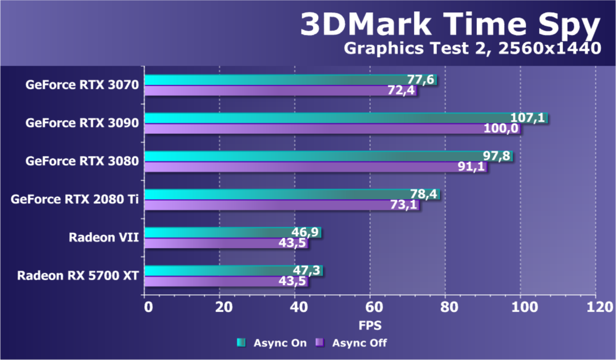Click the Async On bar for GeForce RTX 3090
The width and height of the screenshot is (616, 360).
(329, 118)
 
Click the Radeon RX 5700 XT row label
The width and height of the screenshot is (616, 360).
(78, 275)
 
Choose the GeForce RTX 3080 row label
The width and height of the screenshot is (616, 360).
(82, 161)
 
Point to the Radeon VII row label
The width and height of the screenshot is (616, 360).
(104, 237)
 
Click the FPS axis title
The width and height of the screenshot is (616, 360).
(370, 325)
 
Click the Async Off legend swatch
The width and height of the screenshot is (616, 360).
(319, 343)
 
